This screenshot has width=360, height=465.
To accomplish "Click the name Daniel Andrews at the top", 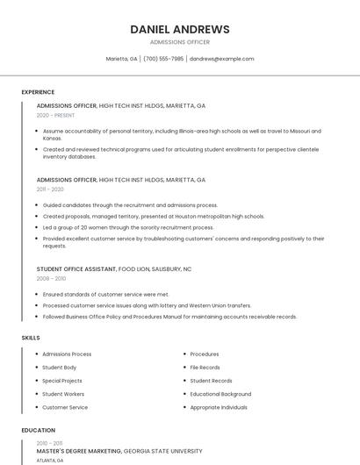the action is pyautogui.click(x=179, y=29).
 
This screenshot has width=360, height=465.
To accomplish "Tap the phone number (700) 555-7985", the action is pyautogui.click(x=163, y=59).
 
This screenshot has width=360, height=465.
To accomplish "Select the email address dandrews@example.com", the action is pyautogui.click(x=221, y=59).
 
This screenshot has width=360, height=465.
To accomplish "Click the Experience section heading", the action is pyautogui.click(x=38, y=92).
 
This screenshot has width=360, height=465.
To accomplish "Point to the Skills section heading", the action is pyautogui.click(x=31, y=338).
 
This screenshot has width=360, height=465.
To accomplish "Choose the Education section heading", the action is pyautogui.click(x=38, y=431).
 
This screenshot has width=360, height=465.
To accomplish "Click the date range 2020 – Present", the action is pyautogui.click(x=55, y=115).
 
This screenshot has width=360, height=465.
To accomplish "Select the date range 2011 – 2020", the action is pyautogui.click(x=50, y=190).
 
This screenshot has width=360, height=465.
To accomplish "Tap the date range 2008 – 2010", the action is pyautogui.click(x=51, y=278).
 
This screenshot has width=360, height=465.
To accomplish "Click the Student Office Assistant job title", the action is pyautogui.click(x=76, y=269).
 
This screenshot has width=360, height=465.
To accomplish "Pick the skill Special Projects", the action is pyautogui.click(x=62, y=381).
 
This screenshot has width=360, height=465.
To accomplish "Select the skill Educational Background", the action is pyautogui.click(x=220, y=394).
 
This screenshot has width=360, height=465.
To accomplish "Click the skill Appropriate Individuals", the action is pyautogui.click(x=219, y=407).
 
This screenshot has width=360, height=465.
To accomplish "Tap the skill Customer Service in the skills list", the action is pyautogui.click(x=65, y=407).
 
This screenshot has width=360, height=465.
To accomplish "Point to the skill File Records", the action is pyautogui.click(x=205, y=368).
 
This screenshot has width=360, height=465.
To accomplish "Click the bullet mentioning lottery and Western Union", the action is pyautogui.click(x=147, y=305).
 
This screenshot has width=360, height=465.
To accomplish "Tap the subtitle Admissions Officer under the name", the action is pyautogui.click(x=179, y=42).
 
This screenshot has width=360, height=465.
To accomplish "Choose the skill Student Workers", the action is pyautogui.click(x=63, y=394).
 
